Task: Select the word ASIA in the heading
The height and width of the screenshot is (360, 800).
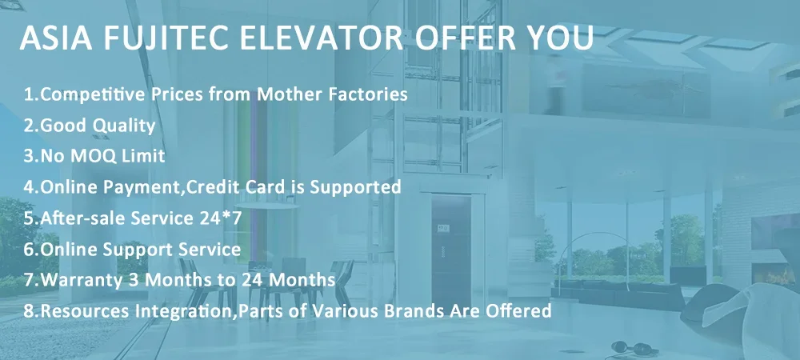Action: pos(56,38)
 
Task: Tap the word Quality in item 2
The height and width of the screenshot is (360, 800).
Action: pos(123,126)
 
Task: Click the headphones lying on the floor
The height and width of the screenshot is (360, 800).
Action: pos(633,348)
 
